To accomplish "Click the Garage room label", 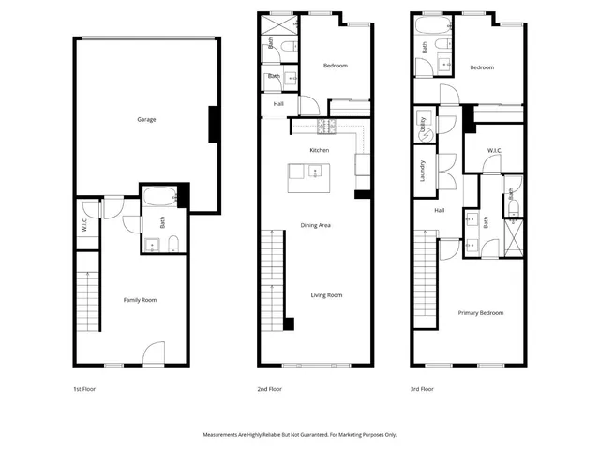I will click(146, 120).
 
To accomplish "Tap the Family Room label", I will click(140, 300).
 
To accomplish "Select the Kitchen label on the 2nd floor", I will click(320, 151).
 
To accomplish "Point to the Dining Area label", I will click(315, 225).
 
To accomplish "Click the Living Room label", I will click(327, 295).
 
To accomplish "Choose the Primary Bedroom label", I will click(480, 312).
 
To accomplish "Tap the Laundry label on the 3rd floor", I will click(422, 171).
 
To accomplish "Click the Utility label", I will click(424, 125).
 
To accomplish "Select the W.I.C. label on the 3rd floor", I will click(496, 151).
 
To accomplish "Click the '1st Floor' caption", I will click(83, 388).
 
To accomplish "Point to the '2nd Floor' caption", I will click(269, 388).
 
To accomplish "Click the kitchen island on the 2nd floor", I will click(308, 171).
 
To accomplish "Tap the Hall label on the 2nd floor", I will click(279, 104).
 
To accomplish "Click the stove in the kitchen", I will click(326, 126).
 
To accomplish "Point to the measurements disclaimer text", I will click(300, 435).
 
